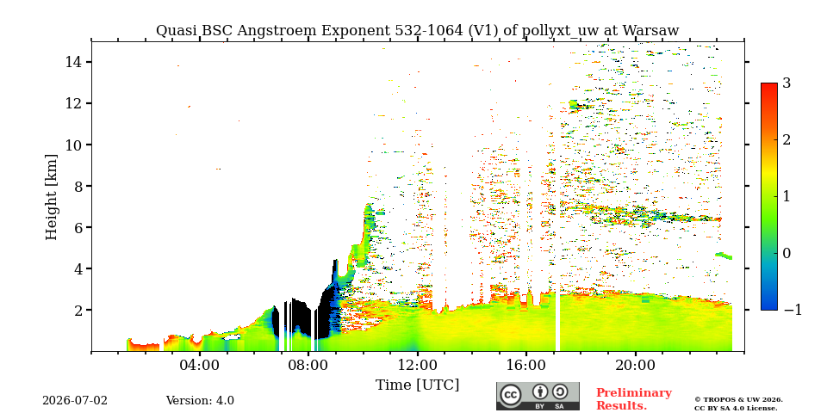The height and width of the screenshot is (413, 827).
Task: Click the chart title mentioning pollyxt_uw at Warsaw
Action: [x=417, y=31]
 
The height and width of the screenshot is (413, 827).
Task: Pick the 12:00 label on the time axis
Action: [x=418, y=365]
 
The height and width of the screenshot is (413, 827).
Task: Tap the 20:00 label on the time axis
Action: [x=635, y=365]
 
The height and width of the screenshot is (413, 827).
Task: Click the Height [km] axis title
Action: [x=51, y=197]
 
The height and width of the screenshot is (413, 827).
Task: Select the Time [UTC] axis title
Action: [x=417, y=385]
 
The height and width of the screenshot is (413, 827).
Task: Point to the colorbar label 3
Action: [x=787, y=83]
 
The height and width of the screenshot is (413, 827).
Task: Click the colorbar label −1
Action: [x=793, y=310]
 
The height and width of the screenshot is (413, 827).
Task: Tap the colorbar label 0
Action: [x=787, y=253]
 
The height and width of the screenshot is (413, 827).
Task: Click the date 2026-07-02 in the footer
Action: [x=75, y=401]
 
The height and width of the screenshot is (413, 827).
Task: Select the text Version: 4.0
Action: [x=200, y=401]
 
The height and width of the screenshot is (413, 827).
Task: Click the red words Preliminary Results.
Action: [x=634, y=399]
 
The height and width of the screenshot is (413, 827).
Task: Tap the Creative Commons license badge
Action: [x=538, y=396]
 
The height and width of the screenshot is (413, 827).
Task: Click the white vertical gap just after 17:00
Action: [x=557, y=321]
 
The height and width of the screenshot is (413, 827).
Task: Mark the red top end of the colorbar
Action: [x=769, y=84]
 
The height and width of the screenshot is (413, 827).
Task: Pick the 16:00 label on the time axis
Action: [x=526, y=365]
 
